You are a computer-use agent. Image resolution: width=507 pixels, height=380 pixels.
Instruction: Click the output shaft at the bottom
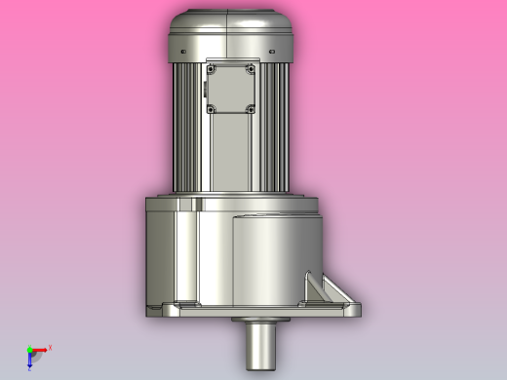click(x=259, y=347)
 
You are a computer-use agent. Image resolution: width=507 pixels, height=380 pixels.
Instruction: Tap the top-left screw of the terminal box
click(x=210, y=69)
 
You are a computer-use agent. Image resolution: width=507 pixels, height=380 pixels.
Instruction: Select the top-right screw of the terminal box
click(x=251, y=69)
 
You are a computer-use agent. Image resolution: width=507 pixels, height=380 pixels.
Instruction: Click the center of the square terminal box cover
click(x=230, y=89)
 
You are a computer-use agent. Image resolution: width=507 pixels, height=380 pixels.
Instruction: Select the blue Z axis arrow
click(x=30, y=361)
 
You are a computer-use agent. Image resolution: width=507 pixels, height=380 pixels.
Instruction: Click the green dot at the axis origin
click(x=29, y=350)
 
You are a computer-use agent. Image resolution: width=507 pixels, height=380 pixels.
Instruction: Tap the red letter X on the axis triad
click(x=50, y=347)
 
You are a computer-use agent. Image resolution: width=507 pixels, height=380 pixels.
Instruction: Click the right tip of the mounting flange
click(x=359, y=308)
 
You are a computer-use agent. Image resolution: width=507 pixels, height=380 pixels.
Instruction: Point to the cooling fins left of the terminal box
click(x=189, y=127)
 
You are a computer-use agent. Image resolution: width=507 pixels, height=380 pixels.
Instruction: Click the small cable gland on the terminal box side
click(x=206, y=90)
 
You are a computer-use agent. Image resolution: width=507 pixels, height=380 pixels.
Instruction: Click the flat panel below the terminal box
click(x=230, y=151)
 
